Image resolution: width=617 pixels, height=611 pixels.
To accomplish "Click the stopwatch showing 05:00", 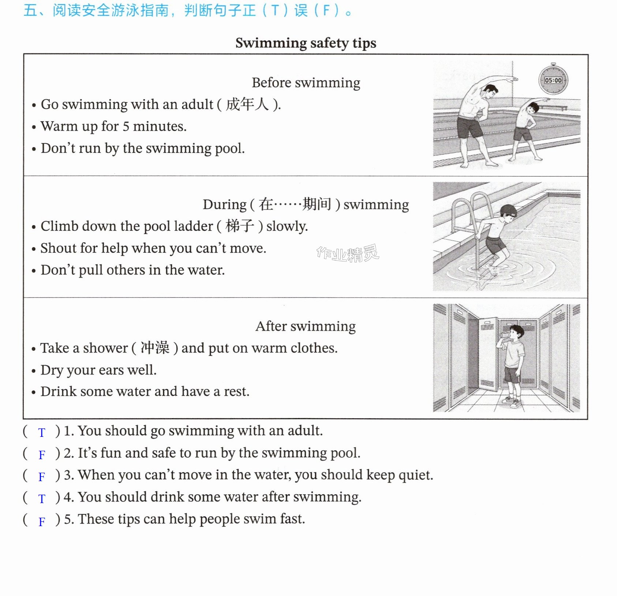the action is [x=553, y=79].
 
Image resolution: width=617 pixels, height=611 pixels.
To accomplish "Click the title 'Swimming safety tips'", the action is [x=306, y=43].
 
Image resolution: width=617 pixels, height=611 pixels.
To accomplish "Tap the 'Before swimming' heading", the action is [x=306, y=83].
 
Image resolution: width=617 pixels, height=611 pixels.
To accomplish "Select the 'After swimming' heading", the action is [x=306, y=326].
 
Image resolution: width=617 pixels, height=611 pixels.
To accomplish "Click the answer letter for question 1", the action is [x=41, y=432].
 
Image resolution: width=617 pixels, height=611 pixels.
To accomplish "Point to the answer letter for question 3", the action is [x=42, y=477].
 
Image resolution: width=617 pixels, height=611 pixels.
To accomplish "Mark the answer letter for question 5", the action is [x=42, y=521].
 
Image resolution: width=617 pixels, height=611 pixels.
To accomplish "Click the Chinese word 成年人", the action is [x=247, y=104].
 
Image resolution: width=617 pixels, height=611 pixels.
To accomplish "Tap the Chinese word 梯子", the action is [x=240, y=226].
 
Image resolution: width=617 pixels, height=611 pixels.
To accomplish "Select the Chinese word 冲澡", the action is [x=155, y=348].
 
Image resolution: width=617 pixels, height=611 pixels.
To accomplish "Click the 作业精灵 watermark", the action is [x=348, y=253].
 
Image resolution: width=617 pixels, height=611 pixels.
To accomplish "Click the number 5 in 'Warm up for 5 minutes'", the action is [x=126, y=127].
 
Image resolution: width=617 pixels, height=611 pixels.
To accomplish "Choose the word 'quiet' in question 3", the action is [x=415, y=475].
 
